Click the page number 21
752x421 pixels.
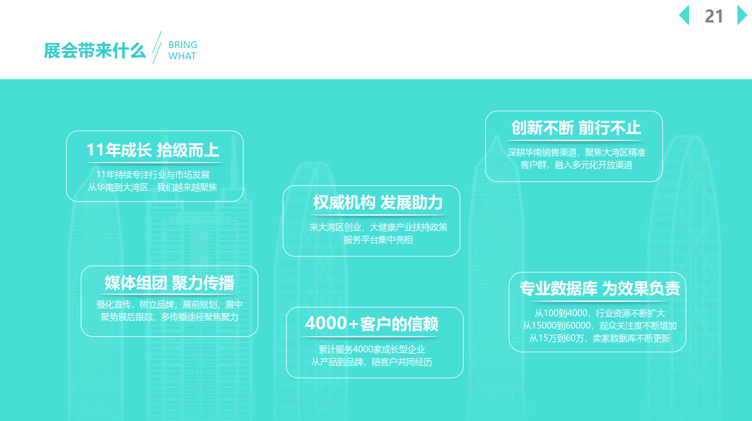click(714, 16)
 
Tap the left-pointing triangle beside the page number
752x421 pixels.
click(684, 15)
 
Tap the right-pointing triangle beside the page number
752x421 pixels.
click(742, 15)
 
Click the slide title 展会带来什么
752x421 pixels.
click(95, 51)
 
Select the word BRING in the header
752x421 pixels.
click(183, 45)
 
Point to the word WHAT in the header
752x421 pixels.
click(182, 56)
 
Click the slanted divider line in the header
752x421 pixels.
click(157, 47)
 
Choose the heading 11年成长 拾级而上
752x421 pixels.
click(153, 150)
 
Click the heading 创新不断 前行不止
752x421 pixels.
click(576, 128)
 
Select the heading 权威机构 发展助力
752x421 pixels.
click(378, 203)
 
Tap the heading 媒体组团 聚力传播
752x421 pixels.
click(169, 283)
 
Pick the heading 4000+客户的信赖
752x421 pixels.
click(372, 324)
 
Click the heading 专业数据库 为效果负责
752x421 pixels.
click(600, 288)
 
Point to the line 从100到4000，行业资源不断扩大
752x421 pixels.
click(600, 313)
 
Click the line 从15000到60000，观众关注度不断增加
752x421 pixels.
click(600, 326)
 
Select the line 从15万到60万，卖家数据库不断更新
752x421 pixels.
click(600, 338)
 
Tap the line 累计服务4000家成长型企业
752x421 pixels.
click(372, 349)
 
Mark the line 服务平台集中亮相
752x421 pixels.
click(378, 240)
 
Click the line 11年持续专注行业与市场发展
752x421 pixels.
click(153, 175)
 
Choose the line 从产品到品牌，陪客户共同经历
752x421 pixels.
click(372, 362)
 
